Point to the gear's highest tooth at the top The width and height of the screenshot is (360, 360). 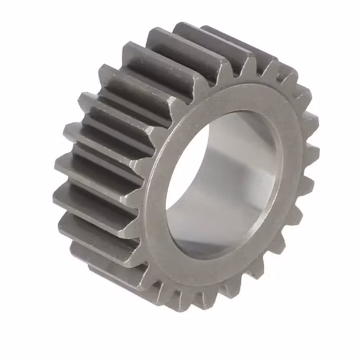click(196, 29)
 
